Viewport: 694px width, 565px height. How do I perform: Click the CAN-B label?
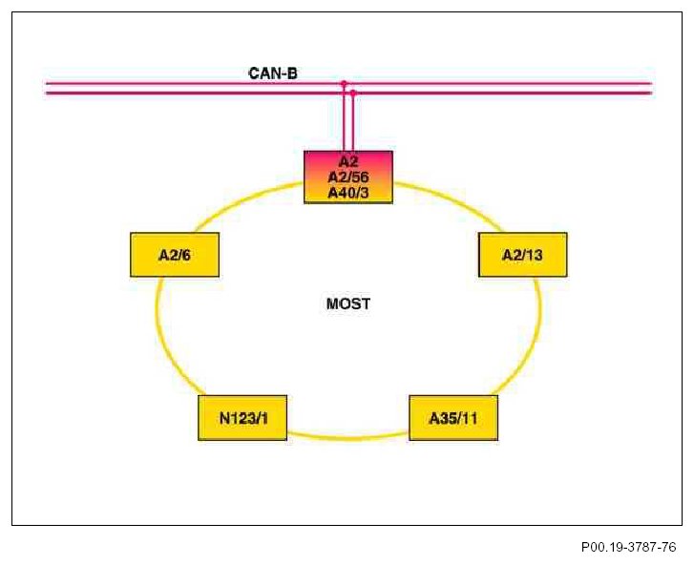click(x=273, y=72)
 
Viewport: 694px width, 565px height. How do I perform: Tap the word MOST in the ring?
click(x=348, y=304)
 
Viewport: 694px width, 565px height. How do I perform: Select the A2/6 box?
click(x=175, y=255)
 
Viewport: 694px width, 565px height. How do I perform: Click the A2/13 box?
click(x=522, y=255)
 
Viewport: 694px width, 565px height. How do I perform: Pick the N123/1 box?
click(x=242, y=418)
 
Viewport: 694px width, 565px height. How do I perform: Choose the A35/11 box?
click(x=452, y=418)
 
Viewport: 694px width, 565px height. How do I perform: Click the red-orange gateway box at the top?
click(x=347, y=178)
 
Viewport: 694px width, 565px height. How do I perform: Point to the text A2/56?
click(x=347, y=178)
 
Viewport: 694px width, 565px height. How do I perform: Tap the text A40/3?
click(x=347, y=192)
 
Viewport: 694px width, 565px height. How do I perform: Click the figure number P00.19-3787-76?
click(x=628, y=548)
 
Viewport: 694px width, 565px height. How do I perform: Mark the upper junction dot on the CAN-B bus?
click(x=344, y=84)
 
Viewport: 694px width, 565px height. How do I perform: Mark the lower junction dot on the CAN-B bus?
click(x=353, y=93)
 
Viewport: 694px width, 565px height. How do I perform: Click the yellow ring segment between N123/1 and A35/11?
click(x=347, y=437)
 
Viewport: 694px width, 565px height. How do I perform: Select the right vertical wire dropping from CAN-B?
click(x=353, y=122)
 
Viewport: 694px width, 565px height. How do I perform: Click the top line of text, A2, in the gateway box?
click(x=347, y=162)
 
